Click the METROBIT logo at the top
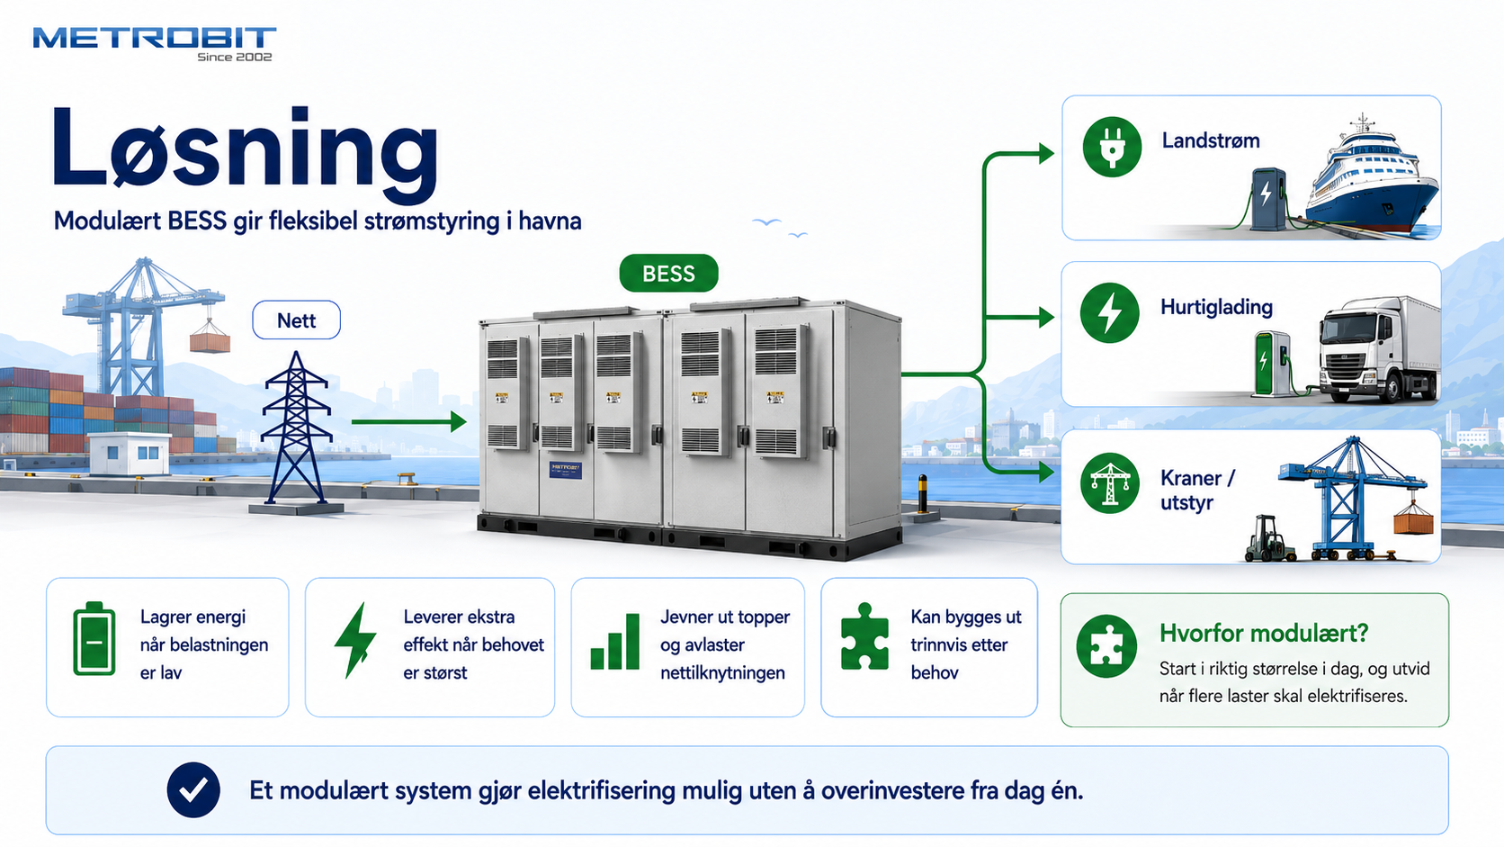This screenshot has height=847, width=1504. point(155,44)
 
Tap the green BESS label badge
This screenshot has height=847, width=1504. point(668,274)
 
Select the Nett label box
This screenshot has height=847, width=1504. point(296,320)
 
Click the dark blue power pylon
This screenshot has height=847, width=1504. point(296,430)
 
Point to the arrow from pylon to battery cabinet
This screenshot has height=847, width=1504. point(409,422)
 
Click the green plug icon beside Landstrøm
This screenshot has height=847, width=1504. point(1112,147)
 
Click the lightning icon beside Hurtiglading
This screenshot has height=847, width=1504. point(1109,313)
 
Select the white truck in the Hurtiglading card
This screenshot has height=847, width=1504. point(1379,349)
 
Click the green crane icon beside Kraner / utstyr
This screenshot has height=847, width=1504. point(1109,483)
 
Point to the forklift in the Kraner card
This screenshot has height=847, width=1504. point(1269,538)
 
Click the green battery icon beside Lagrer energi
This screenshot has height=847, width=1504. point(94,639)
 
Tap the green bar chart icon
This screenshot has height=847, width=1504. point(615,642)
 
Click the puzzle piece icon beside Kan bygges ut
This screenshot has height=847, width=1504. point(864,636)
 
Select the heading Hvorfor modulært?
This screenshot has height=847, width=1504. point(1264,633)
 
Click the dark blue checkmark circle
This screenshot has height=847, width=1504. point(193,790)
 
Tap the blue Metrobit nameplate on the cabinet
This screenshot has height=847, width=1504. point(565,470)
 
